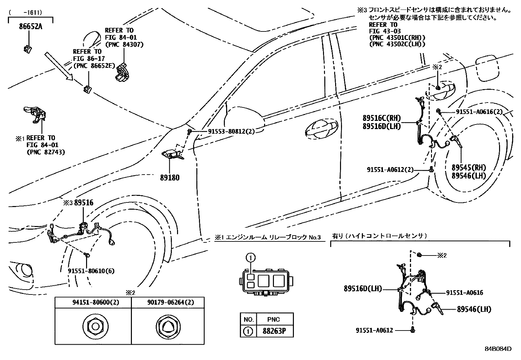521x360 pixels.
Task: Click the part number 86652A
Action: pyautogui.click(x=30, y=27)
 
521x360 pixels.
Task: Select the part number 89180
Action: pyautogui.click(x=170, y=178)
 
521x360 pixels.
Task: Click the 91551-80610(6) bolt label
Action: pyautogui.click(x=91, y=271)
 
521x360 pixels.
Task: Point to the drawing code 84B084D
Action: pyautogui.click(x=498, y=349)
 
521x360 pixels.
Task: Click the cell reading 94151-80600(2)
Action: pyautogui.click(x=93, y=302)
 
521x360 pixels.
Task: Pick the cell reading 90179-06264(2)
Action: pyautogui.click(x=168, y=302)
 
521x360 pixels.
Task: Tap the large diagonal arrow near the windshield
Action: pyautogui.click(x=59, y=66)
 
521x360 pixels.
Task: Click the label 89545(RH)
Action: pyautogui.click(x=469, y=167)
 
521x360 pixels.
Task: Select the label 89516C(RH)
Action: pyautogui.click(x=381, y=118)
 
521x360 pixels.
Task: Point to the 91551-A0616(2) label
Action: pyautogui.click(x=479, y=112)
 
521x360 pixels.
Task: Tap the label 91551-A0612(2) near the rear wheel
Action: pyautogui.click(x=390, y=170)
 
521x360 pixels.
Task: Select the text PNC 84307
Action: pyautogui.click(x=124, y=45)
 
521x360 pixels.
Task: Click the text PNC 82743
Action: pyautogui.click(x=45, y=152)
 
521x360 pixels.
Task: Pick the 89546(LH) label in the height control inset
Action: pyautogui.click(x=474, y=309)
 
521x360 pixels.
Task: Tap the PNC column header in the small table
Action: pyautogui.click(x=273, y=319)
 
